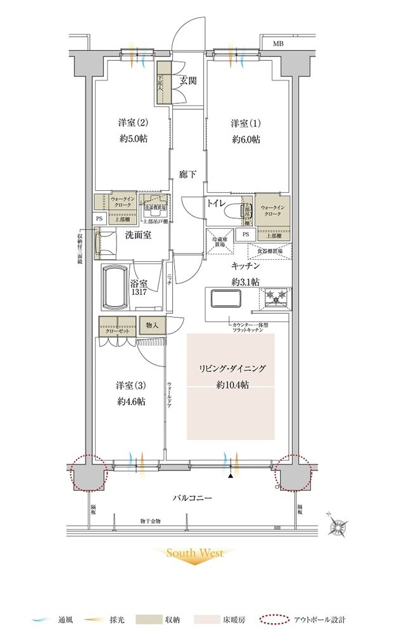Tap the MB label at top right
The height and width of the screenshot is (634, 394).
tap(278, 44)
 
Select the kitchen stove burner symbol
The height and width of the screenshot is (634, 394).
tap(277, 296)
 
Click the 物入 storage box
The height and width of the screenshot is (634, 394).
tap(152, 325)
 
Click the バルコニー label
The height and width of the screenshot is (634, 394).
tap(192, 498)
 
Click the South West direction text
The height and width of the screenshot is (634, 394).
tap(194, 553)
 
